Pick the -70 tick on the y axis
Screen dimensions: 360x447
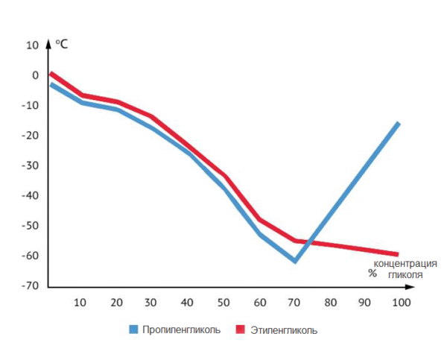click(x=30, y=286)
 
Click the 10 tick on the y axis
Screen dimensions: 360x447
click(x=31, y=45)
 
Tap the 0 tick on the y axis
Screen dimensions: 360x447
click(x=34, y=75)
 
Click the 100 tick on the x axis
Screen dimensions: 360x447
click(x=401, y=303)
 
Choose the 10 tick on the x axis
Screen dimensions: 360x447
click(x=80, y=303)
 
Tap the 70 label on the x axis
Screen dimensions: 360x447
click(x=295, y=303)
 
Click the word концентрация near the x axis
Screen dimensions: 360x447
click(x=405, y=263)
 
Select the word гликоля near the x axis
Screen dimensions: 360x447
click(x=405, y=274)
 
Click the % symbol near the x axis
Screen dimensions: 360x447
click(x=372, y=273)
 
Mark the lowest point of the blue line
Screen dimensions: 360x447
click(x=295, y=261)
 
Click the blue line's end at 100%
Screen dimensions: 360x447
click(x=399, y=123)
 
